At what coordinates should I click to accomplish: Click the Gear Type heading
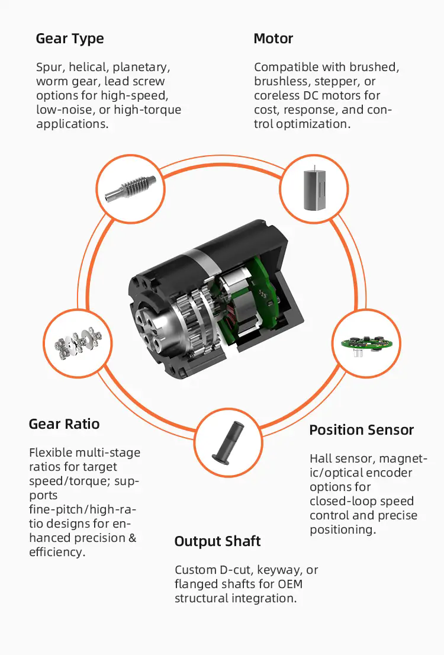[x=70, y=39]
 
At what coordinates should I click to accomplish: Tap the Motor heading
[x=273, y=38]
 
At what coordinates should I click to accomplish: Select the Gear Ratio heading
[x=64, y=424]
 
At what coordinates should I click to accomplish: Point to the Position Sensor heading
[x=361, y=430]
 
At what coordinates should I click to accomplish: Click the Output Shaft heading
[x=217, y=541]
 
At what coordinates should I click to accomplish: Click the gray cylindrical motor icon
[x=313, y=188]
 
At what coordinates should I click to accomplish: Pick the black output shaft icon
[x=229, y=442]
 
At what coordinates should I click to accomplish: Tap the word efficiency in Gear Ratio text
[x=57, y=552]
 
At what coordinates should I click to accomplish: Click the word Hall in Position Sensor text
[x=321, y=458]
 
